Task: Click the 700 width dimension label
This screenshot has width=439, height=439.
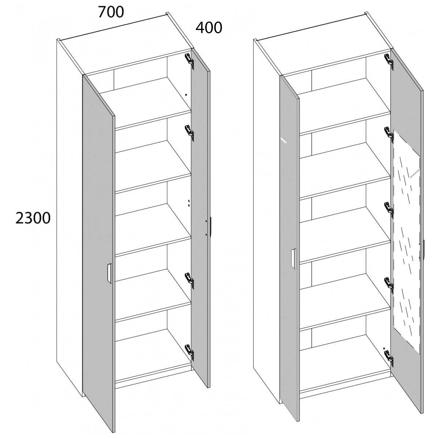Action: [x=111, y=12]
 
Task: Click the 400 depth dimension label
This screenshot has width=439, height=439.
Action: [x=209, y=28]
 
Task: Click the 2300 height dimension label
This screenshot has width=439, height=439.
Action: [x=33, y=218]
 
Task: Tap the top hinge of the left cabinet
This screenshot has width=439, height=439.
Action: [x=190, y=60]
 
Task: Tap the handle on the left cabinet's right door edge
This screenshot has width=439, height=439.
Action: [x=211, y=228]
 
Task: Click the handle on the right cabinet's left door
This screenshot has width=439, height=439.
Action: [x=293, y=259]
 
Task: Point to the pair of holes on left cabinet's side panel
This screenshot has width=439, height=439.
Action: [x=189, y=203]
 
